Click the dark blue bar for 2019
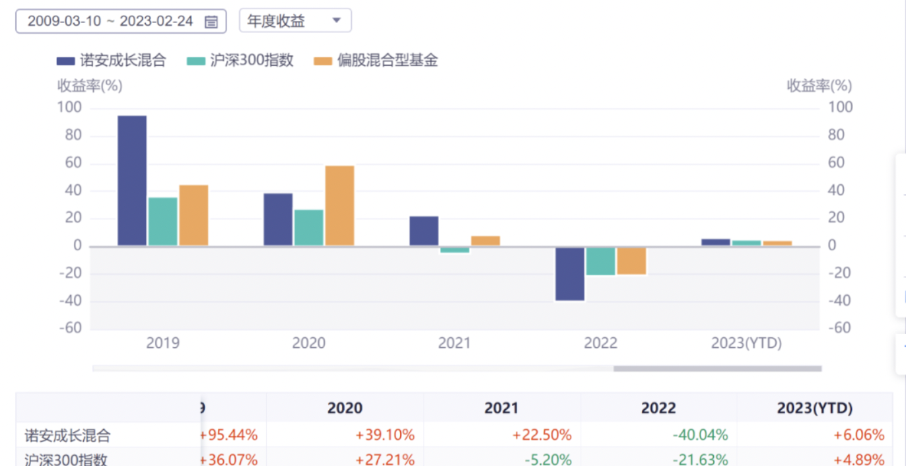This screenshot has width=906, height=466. [x=132, y=180]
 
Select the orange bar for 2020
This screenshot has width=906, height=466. [x=339, y=205]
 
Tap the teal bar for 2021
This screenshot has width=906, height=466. [x=454, y=250]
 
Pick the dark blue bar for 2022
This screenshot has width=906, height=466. [x=569, y=273]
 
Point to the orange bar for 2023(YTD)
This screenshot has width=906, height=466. [x=777, y=243]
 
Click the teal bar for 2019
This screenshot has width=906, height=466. [x=163, y=221]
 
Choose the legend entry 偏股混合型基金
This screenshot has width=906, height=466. [x=376, y=61]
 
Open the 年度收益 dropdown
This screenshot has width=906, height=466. [x=295, y=20]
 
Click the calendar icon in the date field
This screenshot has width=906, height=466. [x=211, y=22]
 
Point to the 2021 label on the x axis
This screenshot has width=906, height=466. [x=455, y=343]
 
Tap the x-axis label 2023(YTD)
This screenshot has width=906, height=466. [x=746, y=343]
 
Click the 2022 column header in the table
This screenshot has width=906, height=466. [x=658, y=408]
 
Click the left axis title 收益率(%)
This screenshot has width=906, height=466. [x=90, y=85]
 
